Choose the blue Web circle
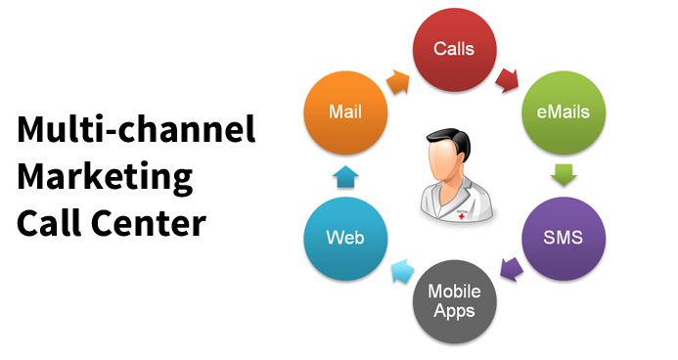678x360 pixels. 343,238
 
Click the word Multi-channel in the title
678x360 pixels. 136,130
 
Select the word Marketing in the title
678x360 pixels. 104,178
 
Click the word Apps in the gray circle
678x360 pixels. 455,312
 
